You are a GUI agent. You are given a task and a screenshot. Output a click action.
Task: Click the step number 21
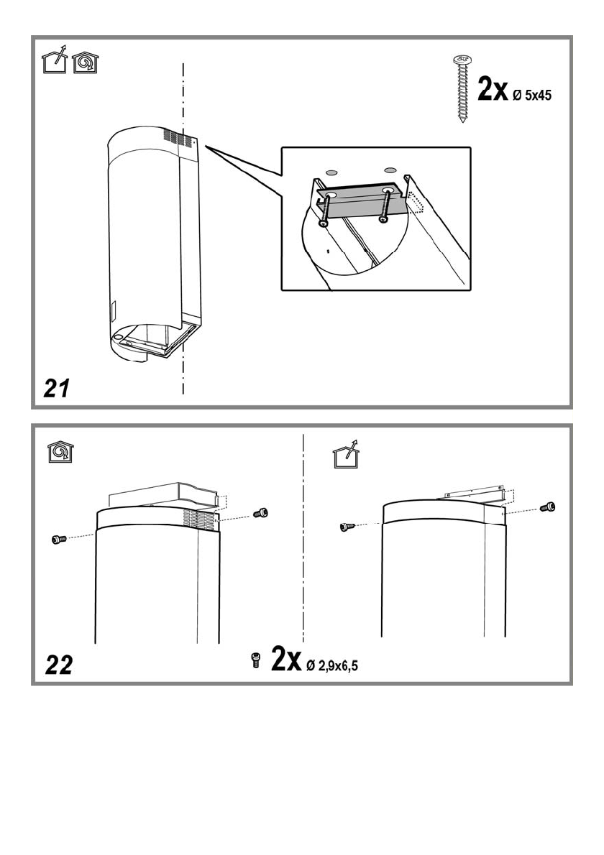57,388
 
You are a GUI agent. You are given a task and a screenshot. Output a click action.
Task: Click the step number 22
58,665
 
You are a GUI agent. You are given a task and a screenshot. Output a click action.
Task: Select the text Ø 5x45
532,95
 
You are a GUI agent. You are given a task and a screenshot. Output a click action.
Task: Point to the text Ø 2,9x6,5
332,666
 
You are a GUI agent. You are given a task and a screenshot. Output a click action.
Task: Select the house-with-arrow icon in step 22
347,454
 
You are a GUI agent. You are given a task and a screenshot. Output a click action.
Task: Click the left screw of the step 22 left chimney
59,539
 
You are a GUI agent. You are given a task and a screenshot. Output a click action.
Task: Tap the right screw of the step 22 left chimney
261,512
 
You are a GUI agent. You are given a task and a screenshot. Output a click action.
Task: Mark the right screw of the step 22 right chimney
549,507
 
